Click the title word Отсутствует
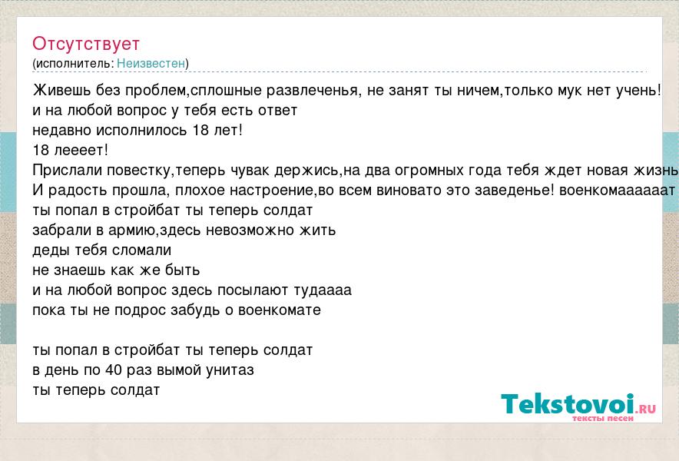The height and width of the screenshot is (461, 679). [86, 44]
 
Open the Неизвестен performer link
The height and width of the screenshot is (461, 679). [151, 63]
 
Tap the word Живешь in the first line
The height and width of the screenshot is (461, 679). [62, 90]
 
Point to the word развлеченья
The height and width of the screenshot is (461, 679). [313, 91]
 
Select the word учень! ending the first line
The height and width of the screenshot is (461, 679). [639, 91]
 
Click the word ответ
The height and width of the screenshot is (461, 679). [277, 111]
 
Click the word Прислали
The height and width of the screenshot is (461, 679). [68, 171]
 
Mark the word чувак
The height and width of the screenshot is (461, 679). [250, 171]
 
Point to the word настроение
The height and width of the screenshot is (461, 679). [271, 191]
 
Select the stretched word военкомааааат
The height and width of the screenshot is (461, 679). [617, 191]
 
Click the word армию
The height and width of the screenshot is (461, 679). [131, 230]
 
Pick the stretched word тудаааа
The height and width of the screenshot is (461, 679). [323, 290]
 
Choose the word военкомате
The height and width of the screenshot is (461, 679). [280, 310]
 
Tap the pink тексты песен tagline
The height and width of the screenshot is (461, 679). [603, 419]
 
